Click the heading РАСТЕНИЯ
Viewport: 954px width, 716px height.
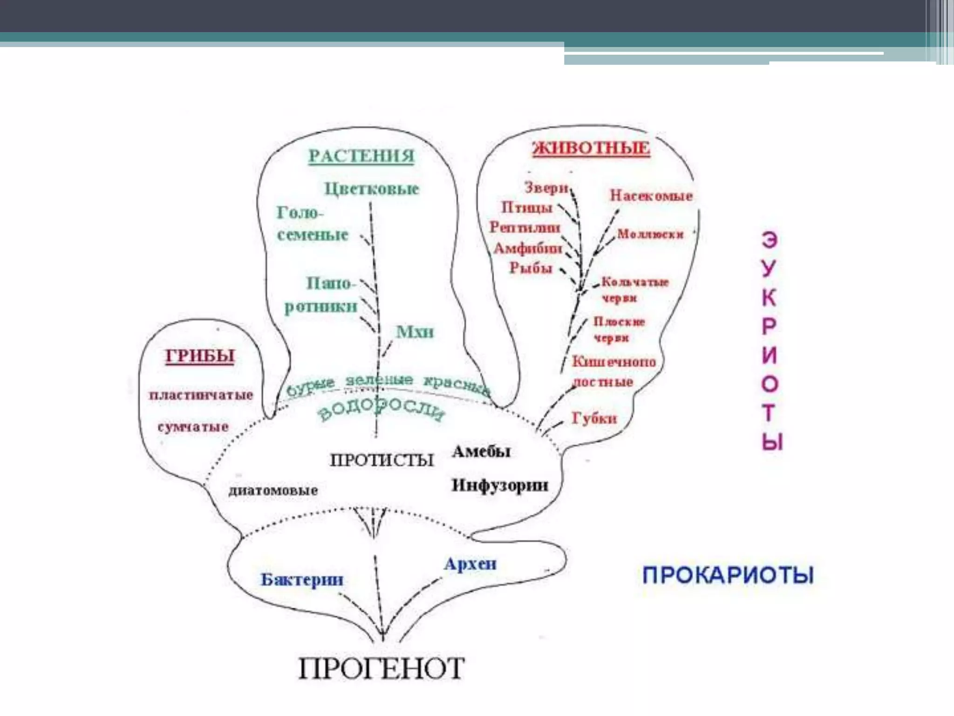point(361,156)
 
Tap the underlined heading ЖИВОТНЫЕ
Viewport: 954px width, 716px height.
point(591,148)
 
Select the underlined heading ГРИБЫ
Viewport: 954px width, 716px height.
point(200,356)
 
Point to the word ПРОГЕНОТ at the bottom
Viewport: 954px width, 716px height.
point(381,668)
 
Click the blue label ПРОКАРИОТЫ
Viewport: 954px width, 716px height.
point(728,575)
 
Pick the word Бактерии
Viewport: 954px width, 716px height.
point(302,579)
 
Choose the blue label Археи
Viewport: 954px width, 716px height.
point(470,564)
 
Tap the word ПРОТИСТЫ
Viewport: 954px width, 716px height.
point(382,460)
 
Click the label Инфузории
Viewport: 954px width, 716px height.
point(500,485)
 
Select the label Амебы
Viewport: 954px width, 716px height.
point(481,451)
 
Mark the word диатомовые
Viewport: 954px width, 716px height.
point(273,490)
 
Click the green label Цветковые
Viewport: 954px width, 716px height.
point(371,189)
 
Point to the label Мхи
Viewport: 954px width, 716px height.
point(415,332)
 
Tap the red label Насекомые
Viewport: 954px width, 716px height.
point(651,196)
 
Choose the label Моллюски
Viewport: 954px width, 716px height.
point(650,234)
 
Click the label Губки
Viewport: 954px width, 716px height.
point(594,418)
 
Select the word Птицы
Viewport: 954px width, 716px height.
point(527,207)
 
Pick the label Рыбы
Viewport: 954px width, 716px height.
point(531,268)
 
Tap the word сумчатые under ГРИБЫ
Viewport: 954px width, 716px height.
point(193,427)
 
